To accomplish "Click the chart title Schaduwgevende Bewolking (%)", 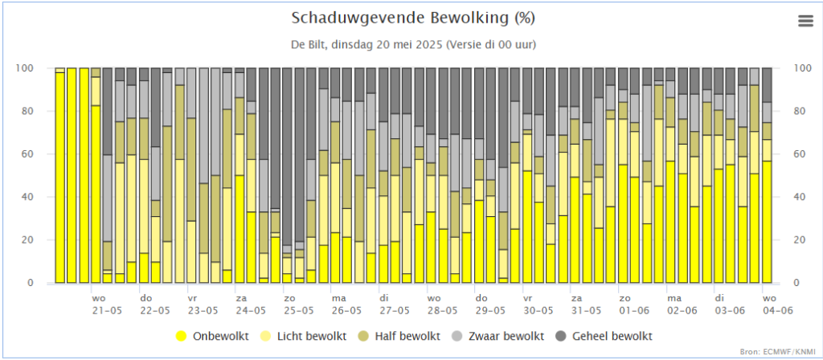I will pyautogui.click(x=412, y=18).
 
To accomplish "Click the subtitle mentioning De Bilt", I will pyautogui.click(x=412, y=43).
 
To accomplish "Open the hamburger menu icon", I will pyautogui.click(x=805, y=22).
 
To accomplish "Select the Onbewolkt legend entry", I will pyautogui.click(x=219, y=335).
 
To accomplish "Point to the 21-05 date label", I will pyautogui.click(x=107, y=309).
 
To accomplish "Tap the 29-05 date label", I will pyautogui.click(x=489, y=309).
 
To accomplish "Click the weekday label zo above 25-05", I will pyautogui.click(x=289, y=297).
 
